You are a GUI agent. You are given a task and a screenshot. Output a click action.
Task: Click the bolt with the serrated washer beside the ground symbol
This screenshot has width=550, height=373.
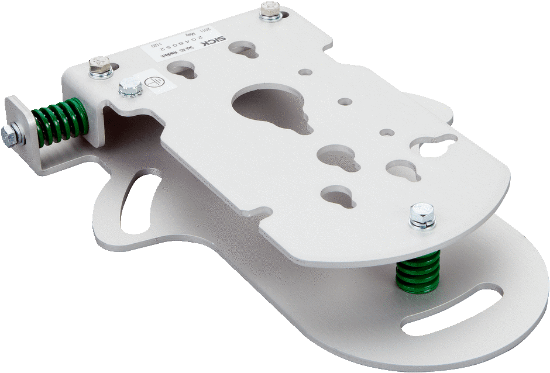[129, 89]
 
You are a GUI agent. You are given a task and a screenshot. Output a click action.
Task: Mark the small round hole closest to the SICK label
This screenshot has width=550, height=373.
[305, 73]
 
